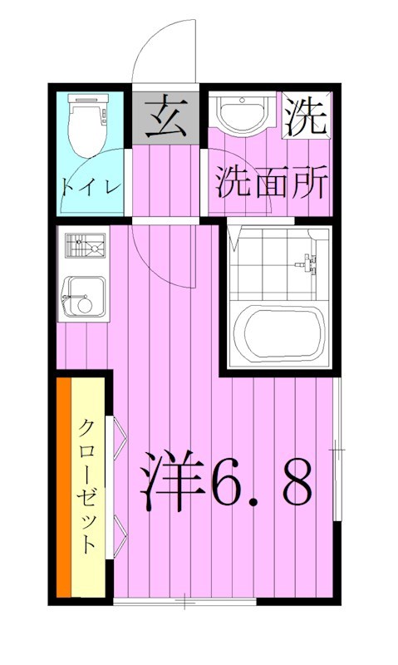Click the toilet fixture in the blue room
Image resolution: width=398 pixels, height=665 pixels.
pos(88,126)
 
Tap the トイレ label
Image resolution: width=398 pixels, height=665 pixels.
pos(91,185)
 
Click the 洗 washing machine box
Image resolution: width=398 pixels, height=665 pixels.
pos(306,116)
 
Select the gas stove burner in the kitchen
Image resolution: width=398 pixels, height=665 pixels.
pos(84,247)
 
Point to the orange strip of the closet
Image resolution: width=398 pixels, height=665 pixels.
pos(64,486)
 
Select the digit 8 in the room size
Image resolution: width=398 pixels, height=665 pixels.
pos(296,482)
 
